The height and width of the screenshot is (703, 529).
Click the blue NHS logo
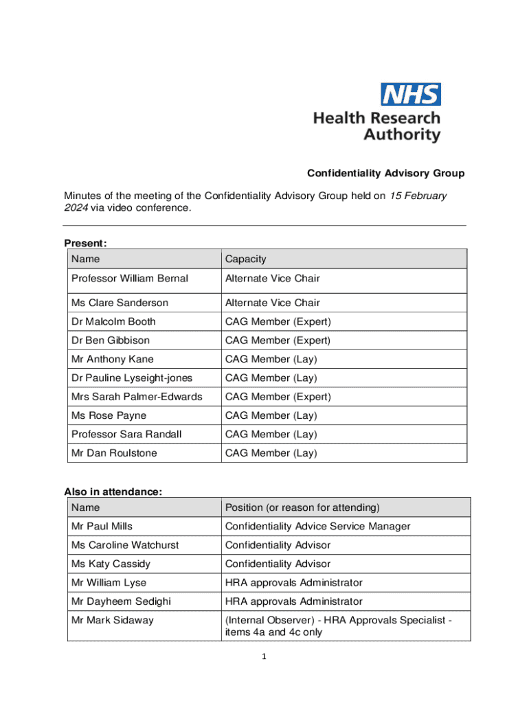(411, 94)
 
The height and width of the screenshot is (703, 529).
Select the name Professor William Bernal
(129, 279)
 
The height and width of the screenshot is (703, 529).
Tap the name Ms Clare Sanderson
(120, 303)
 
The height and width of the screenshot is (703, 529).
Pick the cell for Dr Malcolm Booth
(113, 321)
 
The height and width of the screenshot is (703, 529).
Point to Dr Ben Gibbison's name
(110, 341)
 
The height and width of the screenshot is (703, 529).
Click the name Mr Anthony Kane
(113, 359)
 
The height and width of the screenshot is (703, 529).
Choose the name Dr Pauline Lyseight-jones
(132, 378)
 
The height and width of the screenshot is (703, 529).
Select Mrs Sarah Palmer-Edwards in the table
(137, 397)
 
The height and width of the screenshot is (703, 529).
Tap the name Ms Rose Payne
(109, 415)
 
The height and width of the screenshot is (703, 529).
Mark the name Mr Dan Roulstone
(114, 453)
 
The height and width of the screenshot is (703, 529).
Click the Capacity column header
(245, 259)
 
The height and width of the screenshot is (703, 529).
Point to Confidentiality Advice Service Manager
(317, 527)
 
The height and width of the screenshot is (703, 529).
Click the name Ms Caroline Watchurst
(125, 545)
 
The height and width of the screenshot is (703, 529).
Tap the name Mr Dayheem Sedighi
(121, 601)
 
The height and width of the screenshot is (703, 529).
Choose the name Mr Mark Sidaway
(113, 620)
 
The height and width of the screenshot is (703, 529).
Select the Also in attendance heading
(113, 492)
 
